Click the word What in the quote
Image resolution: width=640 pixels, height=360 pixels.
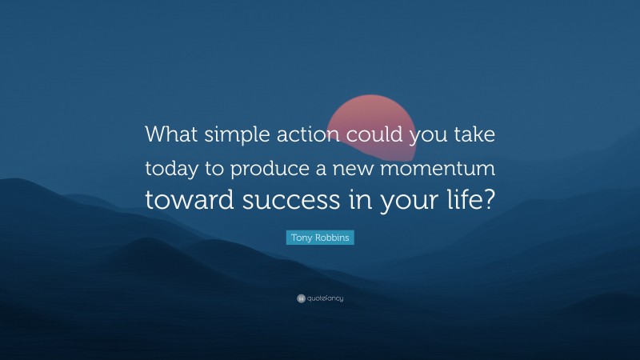(170, 134)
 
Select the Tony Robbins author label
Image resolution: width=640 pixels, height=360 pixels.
(320, 238)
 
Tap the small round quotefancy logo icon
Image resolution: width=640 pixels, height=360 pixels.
(300, 298)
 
